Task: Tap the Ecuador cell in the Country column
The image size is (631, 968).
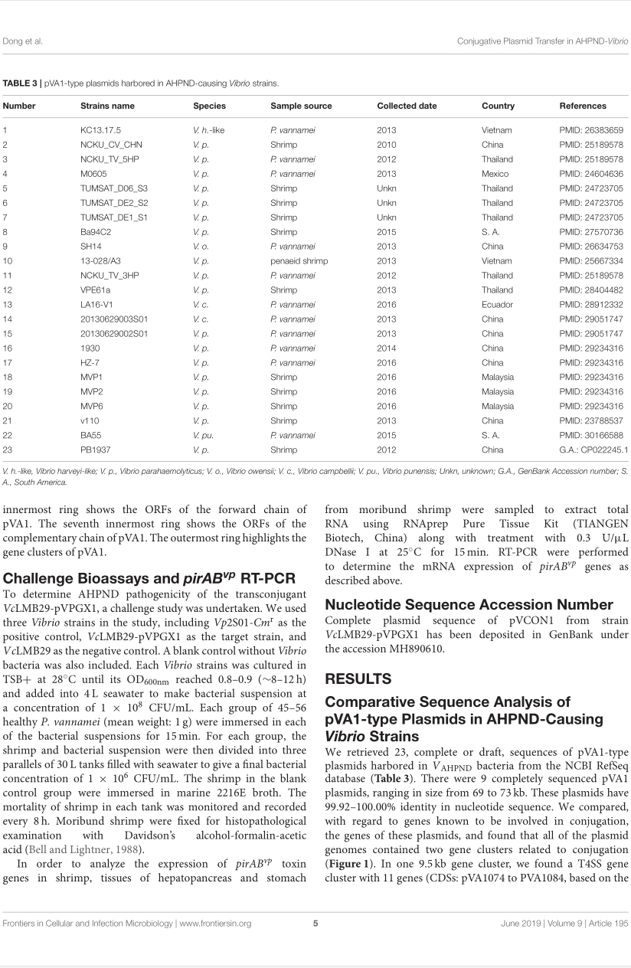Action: point(498,304)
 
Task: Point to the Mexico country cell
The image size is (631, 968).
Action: point(495,174)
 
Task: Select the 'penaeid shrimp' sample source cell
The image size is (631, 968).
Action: point(299,261)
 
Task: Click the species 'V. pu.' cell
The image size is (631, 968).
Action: point(204,435)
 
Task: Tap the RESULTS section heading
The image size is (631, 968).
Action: point(358,679)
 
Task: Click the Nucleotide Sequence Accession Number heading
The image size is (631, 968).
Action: point(469,604)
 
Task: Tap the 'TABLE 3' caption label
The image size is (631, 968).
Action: point(21,82)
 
